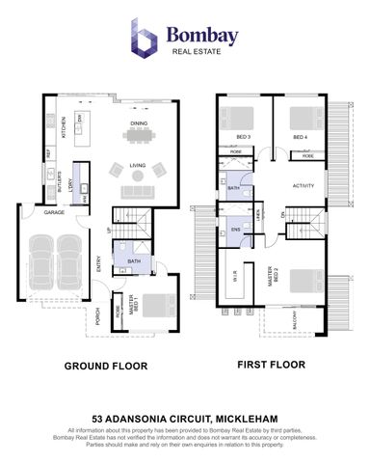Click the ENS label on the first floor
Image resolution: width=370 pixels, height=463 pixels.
pyautogui.click(x=235, y=230)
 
